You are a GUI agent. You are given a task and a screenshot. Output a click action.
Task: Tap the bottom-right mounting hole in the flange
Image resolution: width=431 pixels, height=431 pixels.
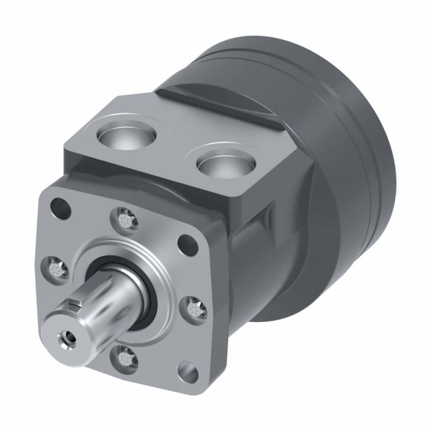(x=185, y=372)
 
